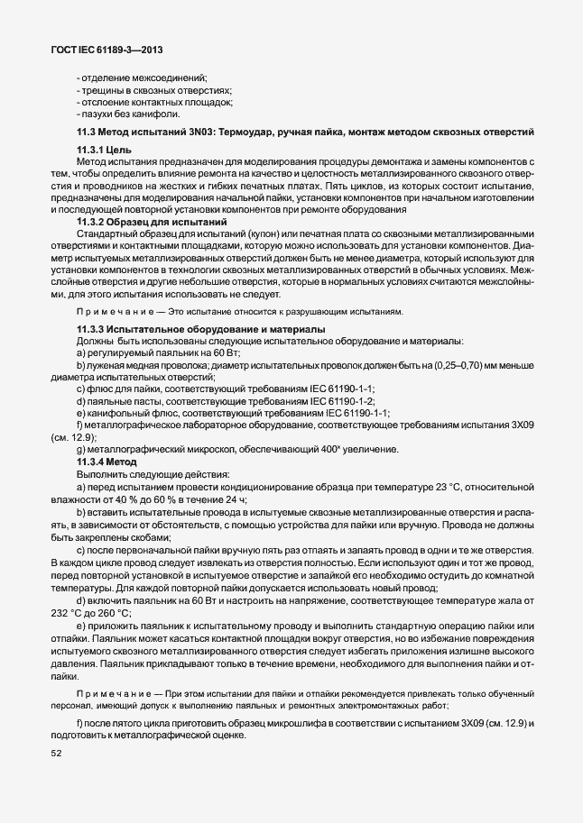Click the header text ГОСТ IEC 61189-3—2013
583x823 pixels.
point(106,50)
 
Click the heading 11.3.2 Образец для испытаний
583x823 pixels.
point(151,222)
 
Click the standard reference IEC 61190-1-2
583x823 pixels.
point(339,400)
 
